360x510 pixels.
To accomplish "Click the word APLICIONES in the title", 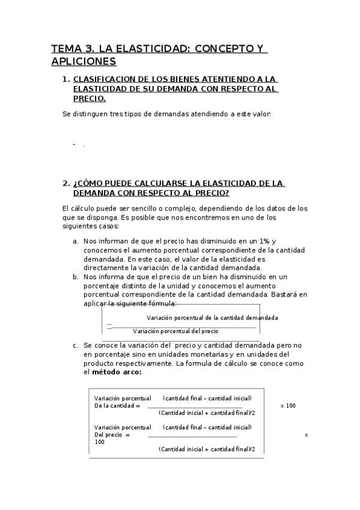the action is (84, 61).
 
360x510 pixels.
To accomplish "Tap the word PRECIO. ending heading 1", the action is (90, 99).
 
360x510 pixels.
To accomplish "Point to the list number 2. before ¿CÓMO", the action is (66, 183).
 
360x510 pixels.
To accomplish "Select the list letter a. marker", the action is (76, 241).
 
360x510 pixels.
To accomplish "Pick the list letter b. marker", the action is (76, 277).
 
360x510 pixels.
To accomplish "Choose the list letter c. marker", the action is (76, 346).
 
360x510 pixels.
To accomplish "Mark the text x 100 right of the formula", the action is (288, 406).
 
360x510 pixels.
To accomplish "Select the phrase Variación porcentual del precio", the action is (175, 331).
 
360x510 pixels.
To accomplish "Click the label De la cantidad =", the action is (117, 406).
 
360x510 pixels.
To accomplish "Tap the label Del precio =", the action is (112, 434).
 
